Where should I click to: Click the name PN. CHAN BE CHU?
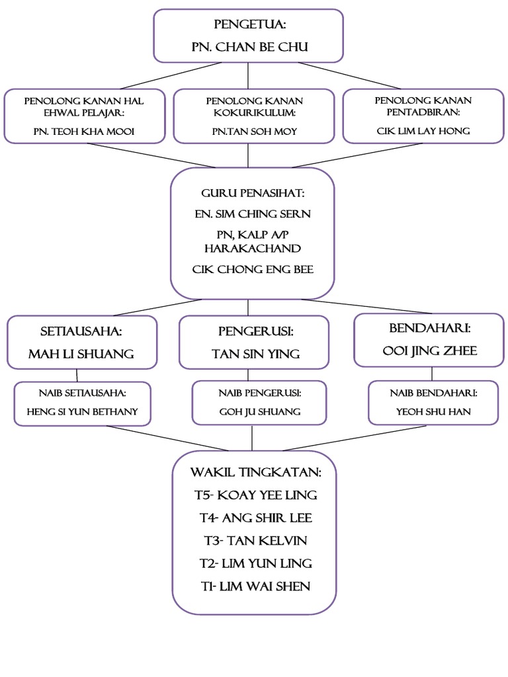click(x=248, y=47)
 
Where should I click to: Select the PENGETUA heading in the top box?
click(x=248, y=25)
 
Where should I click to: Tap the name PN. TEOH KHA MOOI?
click(x=84, y=131)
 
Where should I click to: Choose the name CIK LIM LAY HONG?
click(x=423, y=131)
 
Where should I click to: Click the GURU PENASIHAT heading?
click(x=252, y=194)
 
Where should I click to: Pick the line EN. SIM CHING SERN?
click(x=252, y=214)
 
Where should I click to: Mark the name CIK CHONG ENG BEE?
click(x=252, y=269)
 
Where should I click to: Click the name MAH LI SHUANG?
click(x=81, y=354)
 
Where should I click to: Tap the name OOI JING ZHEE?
click(x=430, y=350)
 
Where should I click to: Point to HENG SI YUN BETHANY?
click(x=82, y=411)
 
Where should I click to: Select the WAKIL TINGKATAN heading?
click(x=255, y=473)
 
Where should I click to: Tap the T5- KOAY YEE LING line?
click(x=255, y=495)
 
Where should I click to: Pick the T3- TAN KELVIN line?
click(x=255, y=540)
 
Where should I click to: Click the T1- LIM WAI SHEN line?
click(x=255, y=586)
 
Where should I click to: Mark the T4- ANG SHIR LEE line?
click(x=255, y=518)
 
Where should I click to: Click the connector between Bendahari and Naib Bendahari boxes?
click(x=432, y=374)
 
